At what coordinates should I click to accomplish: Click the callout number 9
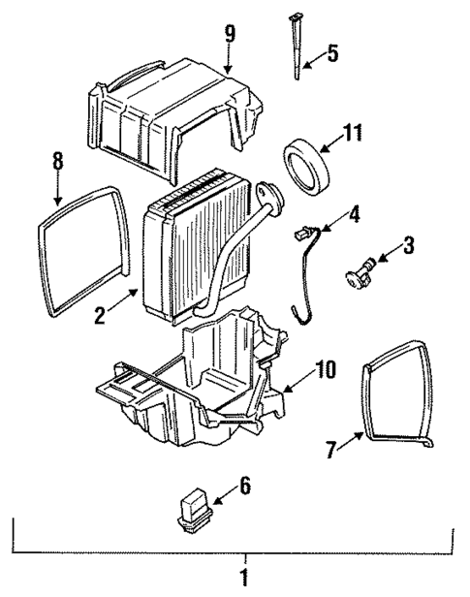point(230,35)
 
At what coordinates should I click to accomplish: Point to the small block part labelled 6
point(193,507)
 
